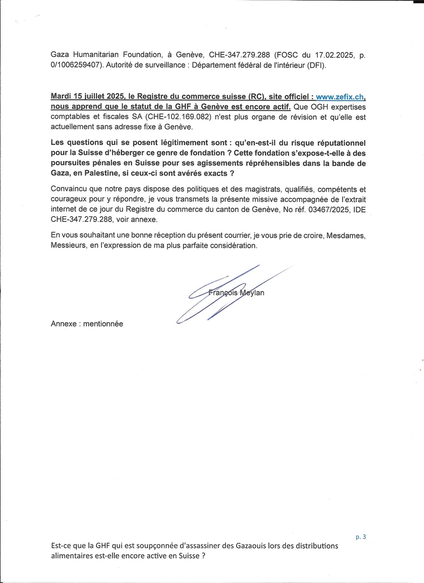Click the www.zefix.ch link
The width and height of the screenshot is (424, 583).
coord(340,97)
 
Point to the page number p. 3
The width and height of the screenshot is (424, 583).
coord(361,536)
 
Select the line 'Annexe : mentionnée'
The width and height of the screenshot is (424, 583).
coord(87,324)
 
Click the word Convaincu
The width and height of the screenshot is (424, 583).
coord(69,189)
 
